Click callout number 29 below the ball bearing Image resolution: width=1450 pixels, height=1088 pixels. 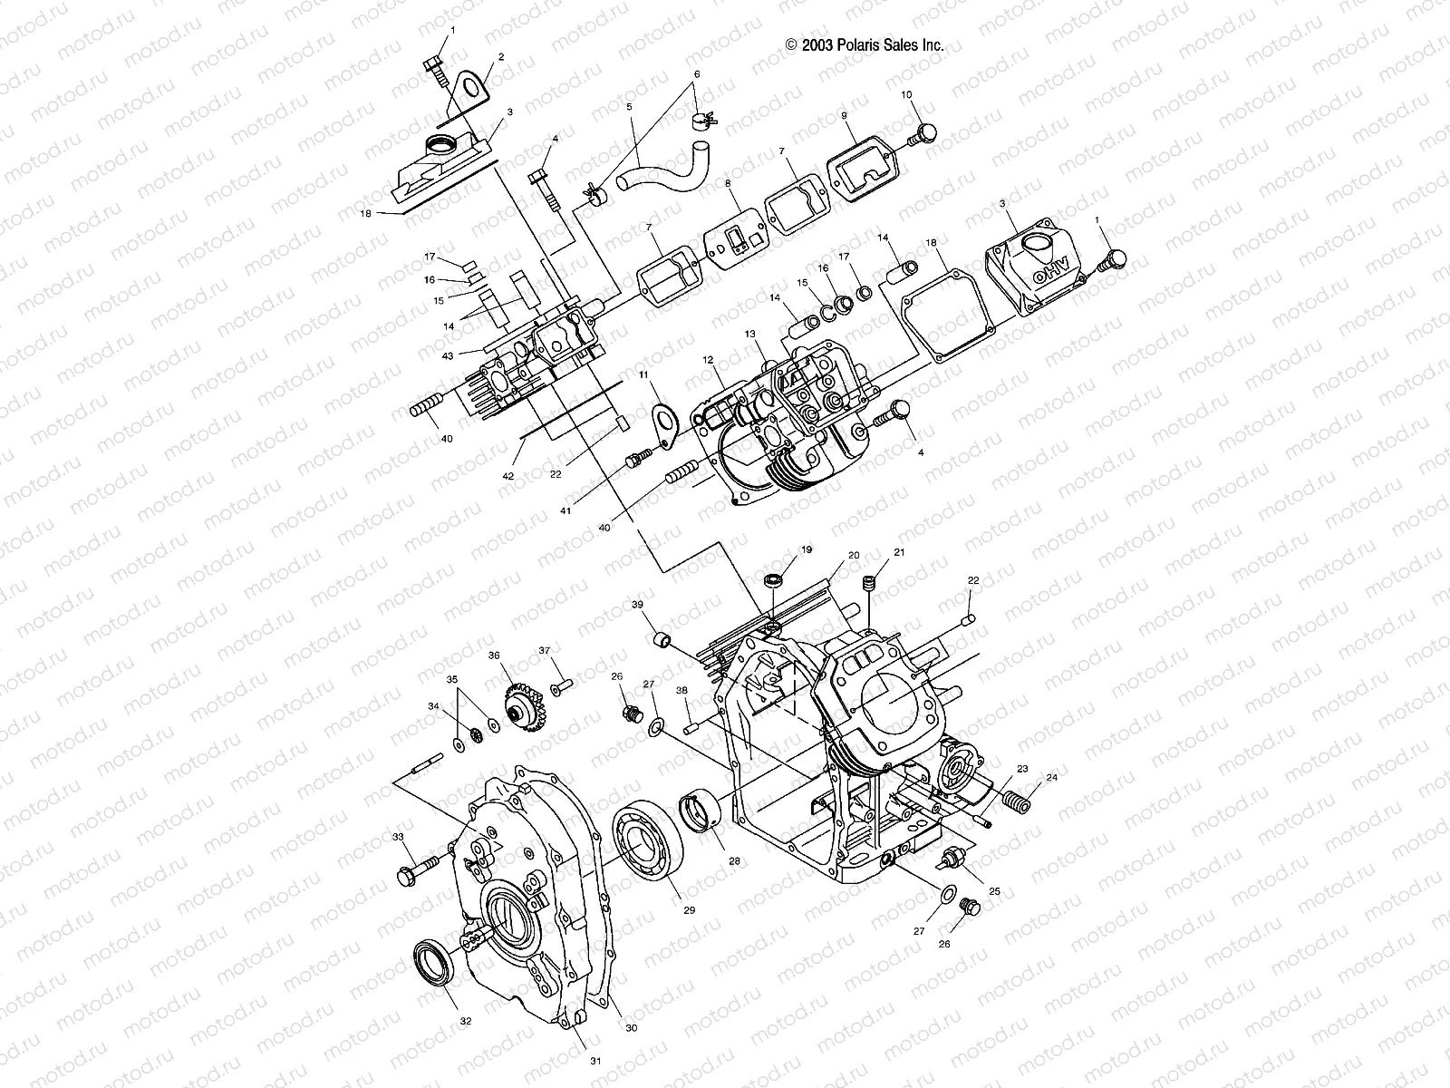click(689, 909)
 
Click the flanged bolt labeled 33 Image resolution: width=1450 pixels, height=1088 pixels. click(420, 870)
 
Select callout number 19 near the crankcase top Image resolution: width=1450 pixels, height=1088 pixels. click(806, 549)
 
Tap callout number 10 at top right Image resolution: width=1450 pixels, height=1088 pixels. click(906, 94)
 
